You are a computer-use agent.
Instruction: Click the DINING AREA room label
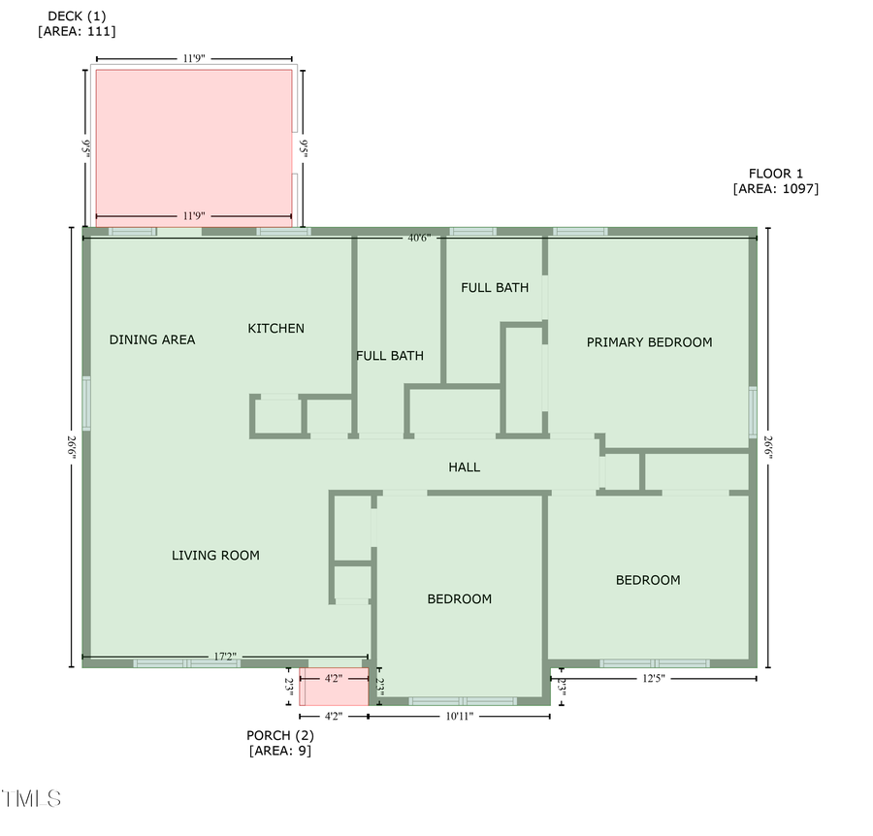[x=152, y=339]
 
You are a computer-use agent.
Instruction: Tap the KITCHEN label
[x=276, y=329]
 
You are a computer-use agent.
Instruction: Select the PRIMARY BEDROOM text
[x=649, y=342]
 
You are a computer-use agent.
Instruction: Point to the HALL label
[x=465, y=467]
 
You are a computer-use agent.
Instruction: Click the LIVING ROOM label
[x=215, y=556]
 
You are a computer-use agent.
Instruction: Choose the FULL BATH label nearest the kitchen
[x=390, y=356]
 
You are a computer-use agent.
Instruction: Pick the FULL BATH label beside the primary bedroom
[x=495, y=288]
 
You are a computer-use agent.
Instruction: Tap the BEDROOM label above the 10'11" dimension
[x=460, y=599]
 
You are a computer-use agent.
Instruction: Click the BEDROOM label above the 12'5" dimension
[x=648, y=580]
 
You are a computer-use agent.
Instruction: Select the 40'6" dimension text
[x=419, y=238]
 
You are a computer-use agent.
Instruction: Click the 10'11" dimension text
[x=459, y=716]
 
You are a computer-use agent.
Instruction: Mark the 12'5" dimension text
[x=654, y=679]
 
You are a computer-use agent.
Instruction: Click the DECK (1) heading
[x=77, y=16]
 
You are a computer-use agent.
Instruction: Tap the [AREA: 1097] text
[x=776, y=189]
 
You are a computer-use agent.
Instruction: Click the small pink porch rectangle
[x=334, y=687]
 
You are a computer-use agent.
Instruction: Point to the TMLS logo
[x=32, y=799]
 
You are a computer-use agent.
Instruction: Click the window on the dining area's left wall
[x=86, y=403]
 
